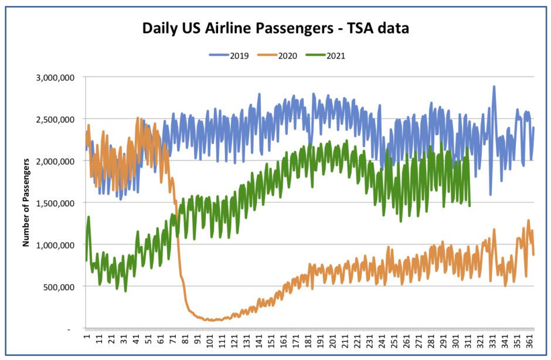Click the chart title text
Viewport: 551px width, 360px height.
point(275,29)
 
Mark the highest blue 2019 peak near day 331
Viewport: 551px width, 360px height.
point(494,87)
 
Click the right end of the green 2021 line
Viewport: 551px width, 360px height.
point(470,205)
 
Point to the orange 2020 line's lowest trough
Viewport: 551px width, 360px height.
point(208,321)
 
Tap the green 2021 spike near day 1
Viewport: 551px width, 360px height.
point(89,217)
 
